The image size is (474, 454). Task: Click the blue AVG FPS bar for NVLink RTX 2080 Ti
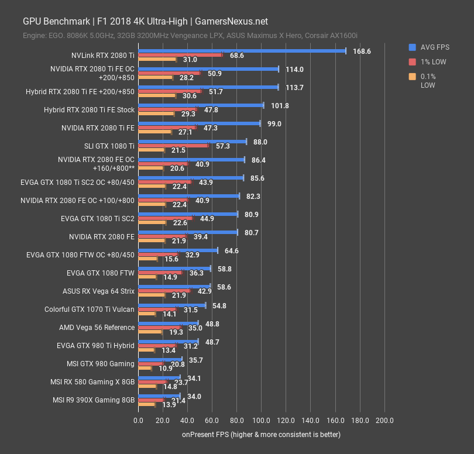click(x=242, y=51)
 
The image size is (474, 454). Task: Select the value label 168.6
click(x=362, y=51)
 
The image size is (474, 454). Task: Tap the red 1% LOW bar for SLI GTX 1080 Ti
click(x=173, y=146)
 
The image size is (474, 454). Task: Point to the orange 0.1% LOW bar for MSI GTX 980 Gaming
click(x=145, y=369)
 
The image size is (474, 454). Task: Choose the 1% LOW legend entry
click(x=433, y=61)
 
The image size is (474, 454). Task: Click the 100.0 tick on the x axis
click(x=261, y=420)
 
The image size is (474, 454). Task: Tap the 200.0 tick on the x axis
click(x=384, y=420)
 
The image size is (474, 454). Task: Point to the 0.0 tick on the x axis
click(x=138, y=420)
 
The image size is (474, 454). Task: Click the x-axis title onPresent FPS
click(x=261, y=435)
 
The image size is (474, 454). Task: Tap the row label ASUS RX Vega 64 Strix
click(x=98, y=291)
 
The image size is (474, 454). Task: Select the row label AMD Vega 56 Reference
click(x=97, y=327)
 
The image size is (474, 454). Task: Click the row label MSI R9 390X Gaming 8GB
click(x=94, y=400)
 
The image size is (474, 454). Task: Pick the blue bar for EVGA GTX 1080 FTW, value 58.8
click(x=174, y=269)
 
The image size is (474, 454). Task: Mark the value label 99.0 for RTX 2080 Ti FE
click(x=274, y=123)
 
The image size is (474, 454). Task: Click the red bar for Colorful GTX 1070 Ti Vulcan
click(x=157, y=309)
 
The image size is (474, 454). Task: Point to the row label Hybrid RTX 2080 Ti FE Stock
click(x=89, y=109)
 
